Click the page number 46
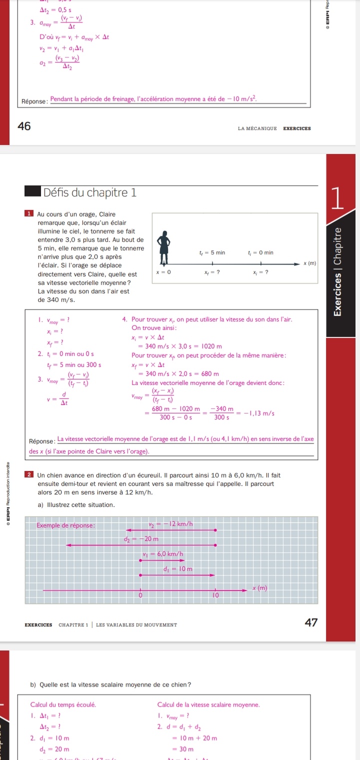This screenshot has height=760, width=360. (24, 127)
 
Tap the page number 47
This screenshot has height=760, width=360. (311, 622)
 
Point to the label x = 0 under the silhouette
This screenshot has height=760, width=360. (164, 272)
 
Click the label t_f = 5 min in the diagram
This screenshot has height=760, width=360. (212, 252)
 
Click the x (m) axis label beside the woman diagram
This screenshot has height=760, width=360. (310, 263)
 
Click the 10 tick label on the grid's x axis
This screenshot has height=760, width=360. (216, 596)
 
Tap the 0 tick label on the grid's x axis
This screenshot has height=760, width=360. (140, 596)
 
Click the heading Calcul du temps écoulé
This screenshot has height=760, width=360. (63, 704)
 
